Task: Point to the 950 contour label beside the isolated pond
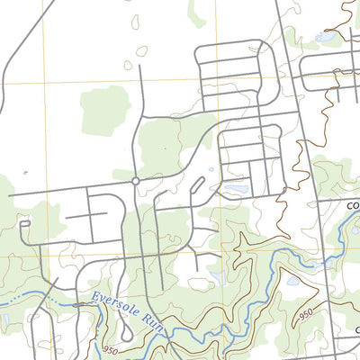307,313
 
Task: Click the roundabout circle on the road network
135,181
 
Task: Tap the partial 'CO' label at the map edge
353,204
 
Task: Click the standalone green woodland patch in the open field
104,110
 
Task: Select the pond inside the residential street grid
236,190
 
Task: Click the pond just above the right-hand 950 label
292,280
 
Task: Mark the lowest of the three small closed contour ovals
128,65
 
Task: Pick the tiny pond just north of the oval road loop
211,168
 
